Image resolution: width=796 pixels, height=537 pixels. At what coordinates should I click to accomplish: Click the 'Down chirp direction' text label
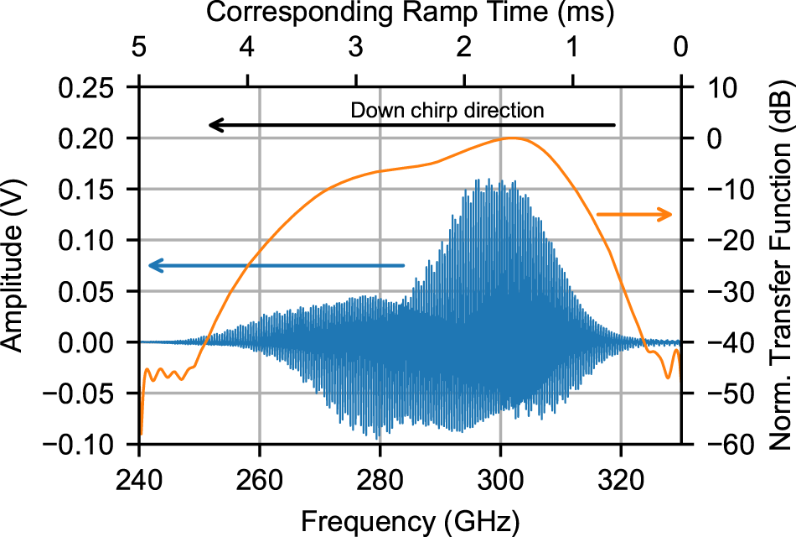pos(447,110)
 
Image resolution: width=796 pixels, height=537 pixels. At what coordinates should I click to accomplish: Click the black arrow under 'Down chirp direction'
pos(412,126)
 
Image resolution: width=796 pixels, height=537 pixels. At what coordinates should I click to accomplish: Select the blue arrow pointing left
pos(276,266)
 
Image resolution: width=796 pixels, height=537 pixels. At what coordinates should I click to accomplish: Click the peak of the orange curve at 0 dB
pos(513,138)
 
